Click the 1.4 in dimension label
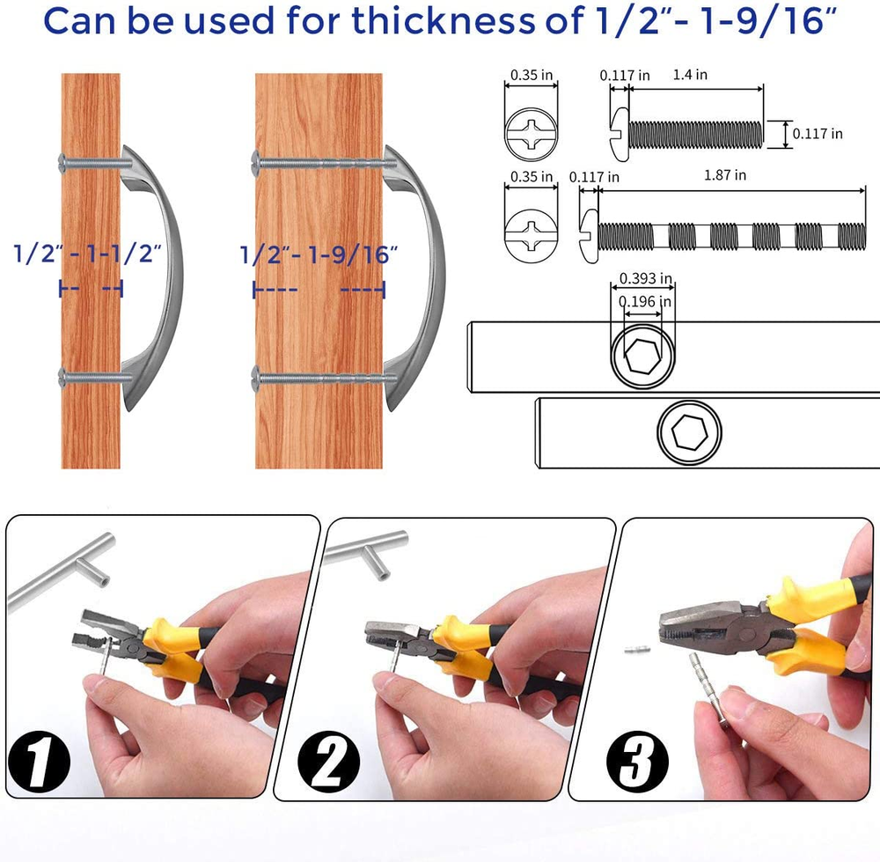tap(690, 75)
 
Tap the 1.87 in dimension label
tap(725, 175)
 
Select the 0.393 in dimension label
tap(645, 278)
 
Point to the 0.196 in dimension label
tap(644, 301)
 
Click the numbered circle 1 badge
tap(39, 763)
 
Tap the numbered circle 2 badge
tap(329, 762)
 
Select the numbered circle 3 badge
tap(637, 762)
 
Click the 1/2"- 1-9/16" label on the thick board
tap(319, 254)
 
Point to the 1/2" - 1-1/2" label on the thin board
tap(87, 254)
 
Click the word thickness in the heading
tap(444, 21)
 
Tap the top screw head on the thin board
tap(62, 164)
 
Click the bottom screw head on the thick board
tap(256, 378)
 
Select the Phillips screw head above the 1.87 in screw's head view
tap(531, 135)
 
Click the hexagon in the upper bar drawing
tap(642, 356)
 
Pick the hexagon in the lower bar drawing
tap(689, 432)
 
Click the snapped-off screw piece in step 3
tap(637, 650)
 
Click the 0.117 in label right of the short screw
tap(818, 134)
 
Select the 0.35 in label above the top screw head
tap(531, 75)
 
